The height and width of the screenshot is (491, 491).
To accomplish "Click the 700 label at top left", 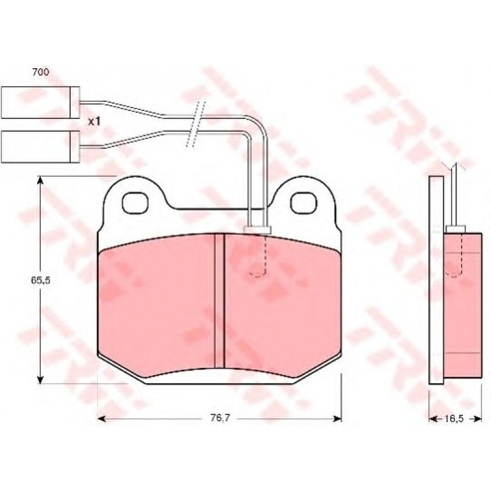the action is click(41, 73).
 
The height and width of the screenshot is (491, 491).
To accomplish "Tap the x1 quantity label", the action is click(94, 121).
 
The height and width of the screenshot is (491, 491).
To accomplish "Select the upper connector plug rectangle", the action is click(40, 102).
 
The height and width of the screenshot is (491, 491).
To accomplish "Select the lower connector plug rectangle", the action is click(40, 147).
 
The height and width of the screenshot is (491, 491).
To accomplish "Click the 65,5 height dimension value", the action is click(40, 280).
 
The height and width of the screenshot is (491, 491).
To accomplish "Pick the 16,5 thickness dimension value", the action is click(453, 418).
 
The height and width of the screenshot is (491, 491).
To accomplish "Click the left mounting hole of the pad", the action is click(135, 204).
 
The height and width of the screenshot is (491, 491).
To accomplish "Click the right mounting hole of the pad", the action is click(303, 204).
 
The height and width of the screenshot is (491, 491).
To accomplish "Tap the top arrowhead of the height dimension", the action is click(40, 180).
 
